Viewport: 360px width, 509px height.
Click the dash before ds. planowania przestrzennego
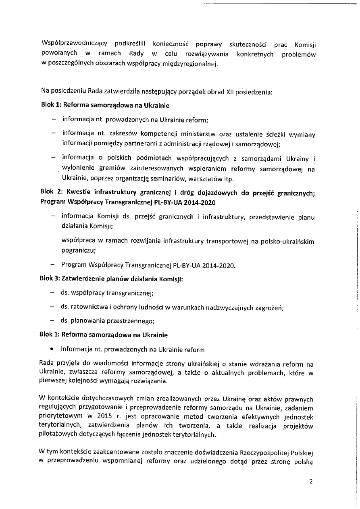click(x=52, y=321)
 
